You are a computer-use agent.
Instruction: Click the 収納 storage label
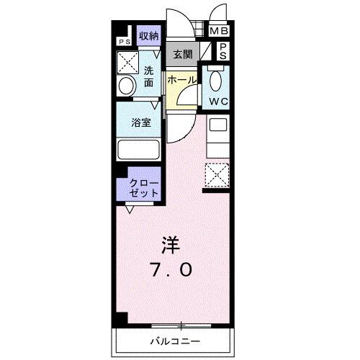point(148,35)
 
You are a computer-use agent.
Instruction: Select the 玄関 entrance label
point(182,54)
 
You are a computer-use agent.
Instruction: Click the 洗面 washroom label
point(148,76)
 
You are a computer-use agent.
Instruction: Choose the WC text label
point(218,102)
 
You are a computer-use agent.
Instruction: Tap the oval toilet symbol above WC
point(218,79)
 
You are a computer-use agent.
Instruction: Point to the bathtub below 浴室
point(141,151)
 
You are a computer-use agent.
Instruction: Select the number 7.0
point(171,270)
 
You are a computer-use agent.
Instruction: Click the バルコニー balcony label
point(175,341)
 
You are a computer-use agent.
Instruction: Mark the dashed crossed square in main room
point(217,175)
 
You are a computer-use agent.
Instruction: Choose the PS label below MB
point(222,50)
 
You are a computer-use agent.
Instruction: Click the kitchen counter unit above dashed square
point(217,138)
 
